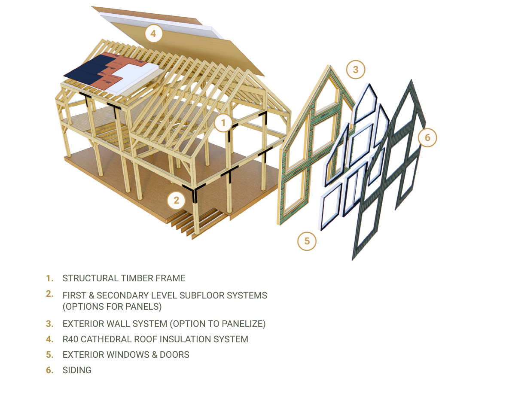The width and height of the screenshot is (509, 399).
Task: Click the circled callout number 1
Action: pos(223,123)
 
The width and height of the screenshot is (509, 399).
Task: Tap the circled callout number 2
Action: pos(176,200)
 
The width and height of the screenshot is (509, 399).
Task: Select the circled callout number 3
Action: pos(355,69)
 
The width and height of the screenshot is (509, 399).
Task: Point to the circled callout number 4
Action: pos(153,33)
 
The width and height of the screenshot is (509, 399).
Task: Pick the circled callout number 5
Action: pos(307,241)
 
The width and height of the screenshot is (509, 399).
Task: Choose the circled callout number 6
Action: pos(427,137)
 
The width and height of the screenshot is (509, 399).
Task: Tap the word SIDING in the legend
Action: pos(77,370)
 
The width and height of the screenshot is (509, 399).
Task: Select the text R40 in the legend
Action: pos(70,339)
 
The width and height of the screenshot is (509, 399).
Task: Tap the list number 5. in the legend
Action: pos(50,355)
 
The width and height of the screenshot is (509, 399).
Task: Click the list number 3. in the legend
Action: pos(50,324)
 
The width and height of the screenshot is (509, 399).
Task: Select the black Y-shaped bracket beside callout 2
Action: pos(192,191)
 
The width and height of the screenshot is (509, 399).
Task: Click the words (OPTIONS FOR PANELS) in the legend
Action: pos(112,307)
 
